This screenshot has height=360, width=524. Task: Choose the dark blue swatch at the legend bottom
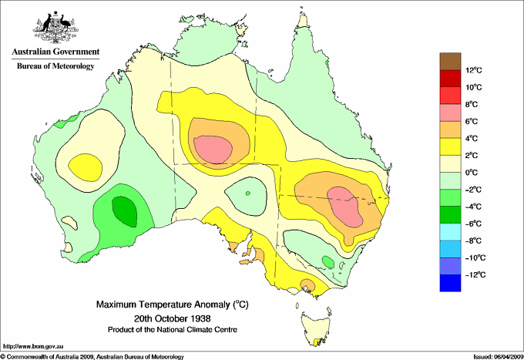(x=451, y=283)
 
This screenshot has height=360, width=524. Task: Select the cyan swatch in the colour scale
(x=451, y=232)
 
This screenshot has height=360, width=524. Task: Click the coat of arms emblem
(x=52, y=28)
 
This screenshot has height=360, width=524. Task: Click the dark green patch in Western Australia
(x=122, y=207)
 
